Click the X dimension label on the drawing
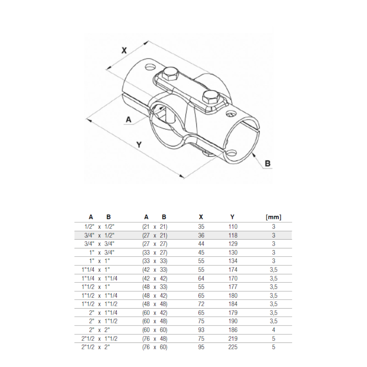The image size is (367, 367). [124, 50]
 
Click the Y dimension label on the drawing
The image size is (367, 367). [139, 145]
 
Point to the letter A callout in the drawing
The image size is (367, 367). [128, 120]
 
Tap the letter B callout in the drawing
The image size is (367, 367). [267, 163]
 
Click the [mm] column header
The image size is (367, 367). [273, 217]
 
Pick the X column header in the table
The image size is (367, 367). [201, 217]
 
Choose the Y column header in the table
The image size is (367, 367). [232, 217]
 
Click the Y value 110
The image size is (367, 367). [233, 227]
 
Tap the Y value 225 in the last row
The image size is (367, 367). [233, 347]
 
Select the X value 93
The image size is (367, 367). [201, 330]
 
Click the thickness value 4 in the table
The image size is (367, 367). [274, 330]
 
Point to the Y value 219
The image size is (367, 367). [233, 338]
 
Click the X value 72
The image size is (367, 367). [201, 304]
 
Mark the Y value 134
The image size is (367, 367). [233, 261]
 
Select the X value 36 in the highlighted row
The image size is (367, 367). [201, 235]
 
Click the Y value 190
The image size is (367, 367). [233, 321]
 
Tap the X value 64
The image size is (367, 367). [201, 278]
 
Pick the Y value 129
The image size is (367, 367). [233, 244]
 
